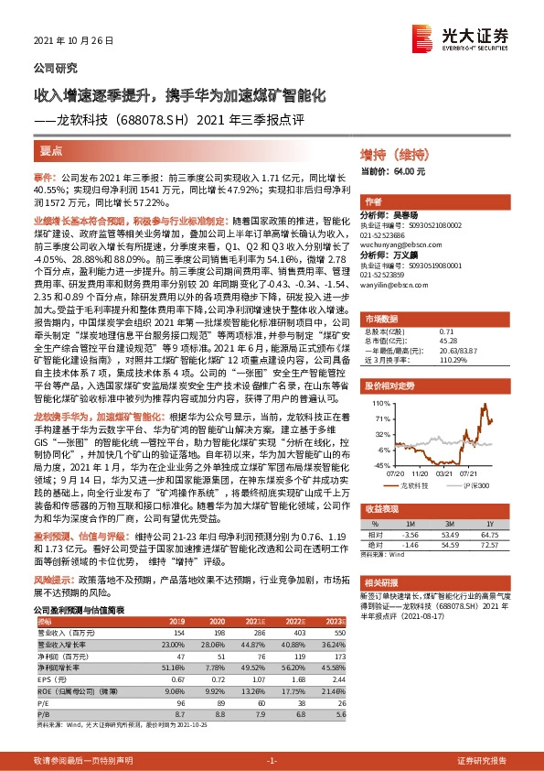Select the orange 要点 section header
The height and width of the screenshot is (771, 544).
[52, 150]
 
